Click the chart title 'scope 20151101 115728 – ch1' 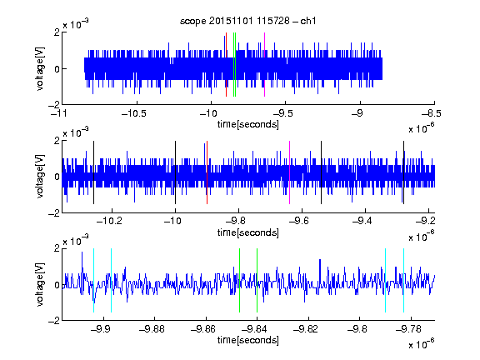(247, 21)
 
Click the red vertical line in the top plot (226, 65)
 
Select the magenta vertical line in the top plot (264, 65)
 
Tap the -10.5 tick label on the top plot (134, 114)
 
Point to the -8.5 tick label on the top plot (431, 114)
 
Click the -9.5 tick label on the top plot (282, 114)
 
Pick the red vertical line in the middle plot (207, 172)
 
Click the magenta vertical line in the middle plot (290, 172)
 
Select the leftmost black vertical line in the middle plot (93, 172)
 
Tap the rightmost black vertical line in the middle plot (404, 172)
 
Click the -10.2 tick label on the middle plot (109, 221)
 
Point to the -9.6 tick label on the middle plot (299, 221)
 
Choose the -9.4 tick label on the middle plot (362, 221)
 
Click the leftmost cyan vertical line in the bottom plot (93, 280)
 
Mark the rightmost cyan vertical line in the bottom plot (404, 280)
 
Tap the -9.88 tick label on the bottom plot (152, 329)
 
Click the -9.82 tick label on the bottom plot (306, 329)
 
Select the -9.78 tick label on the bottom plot (408, 329)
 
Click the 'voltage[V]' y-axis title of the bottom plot (40, 284)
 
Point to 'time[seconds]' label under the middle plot (248, 232)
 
